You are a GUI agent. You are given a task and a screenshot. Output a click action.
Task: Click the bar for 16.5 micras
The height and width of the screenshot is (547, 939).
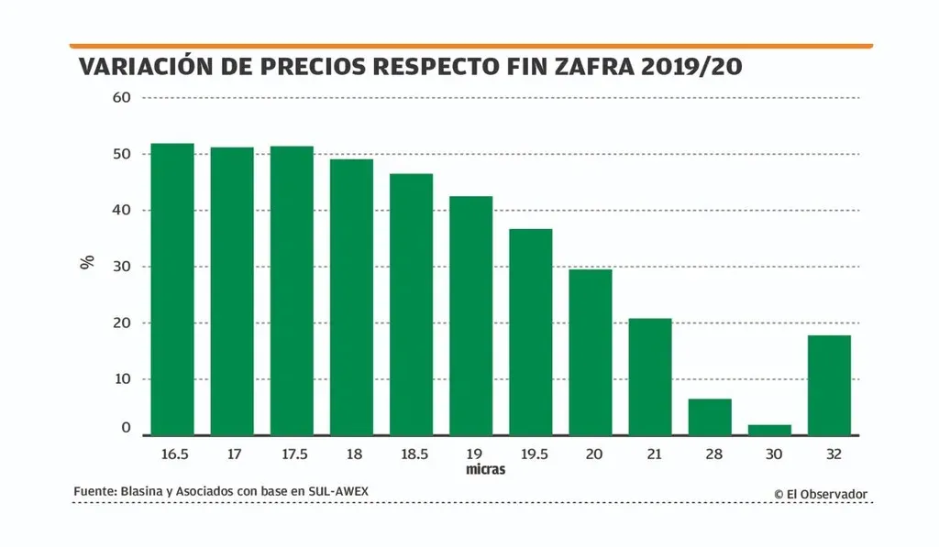pos(172,289)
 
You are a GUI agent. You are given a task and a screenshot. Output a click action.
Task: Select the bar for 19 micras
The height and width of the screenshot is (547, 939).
pos(470,315)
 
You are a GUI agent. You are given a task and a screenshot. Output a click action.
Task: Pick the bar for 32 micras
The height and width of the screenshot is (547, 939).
pos(829,385)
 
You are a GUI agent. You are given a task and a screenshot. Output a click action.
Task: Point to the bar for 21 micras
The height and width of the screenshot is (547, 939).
pos(650,377)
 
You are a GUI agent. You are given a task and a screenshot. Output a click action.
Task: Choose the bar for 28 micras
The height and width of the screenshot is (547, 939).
pos(710,417)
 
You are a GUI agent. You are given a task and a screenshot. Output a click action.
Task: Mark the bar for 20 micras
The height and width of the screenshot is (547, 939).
pos(591,352)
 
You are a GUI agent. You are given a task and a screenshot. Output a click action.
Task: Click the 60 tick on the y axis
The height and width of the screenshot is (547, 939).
pos(122,97)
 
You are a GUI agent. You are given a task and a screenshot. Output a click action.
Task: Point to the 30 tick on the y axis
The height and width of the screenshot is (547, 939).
pos(122,267)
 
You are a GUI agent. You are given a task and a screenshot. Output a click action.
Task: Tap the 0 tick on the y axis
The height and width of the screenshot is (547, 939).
pos(127,428)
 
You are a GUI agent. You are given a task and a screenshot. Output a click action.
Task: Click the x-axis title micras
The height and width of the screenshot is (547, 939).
pos(484,470)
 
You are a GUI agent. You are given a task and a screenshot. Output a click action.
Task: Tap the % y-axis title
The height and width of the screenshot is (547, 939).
pos(88,263)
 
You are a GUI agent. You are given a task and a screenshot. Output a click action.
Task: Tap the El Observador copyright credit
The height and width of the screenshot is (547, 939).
pos(821,494)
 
